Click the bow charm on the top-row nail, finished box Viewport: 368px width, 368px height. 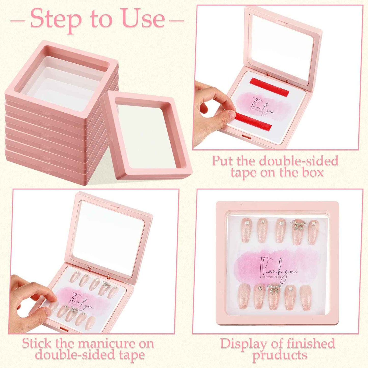[x=299, y=225]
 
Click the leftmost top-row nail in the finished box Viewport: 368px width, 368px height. [x=246, y=230]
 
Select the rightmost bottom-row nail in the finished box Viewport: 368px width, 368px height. [x=306, y=297]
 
